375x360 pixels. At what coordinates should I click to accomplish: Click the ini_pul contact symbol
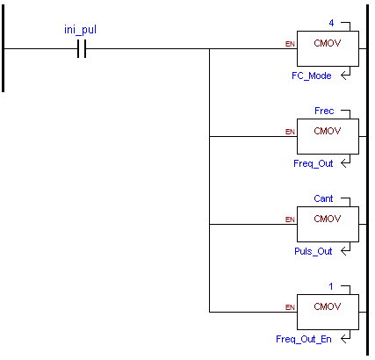[x=82, y=48]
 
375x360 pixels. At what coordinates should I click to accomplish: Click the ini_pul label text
[x=80, y=30]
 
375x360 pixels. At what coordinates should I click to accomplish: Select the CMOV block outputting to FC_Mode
[x=328, y=48]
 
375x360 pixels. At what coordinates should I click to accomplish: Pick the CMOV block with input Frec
[x=328, y=136]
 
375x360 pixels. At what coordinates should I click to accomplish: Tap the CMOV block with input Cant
[x=328, y=224]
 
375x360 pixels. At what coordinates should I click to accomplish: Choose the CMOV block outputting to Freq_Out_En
[x=328, y=312]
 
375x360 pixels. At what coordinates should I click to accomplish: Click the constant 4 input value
[x=331, y=23]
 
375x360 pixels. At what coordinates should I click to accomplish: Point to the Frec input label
[x=324, y=111]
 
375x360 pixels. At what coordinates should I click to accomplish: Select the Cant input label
[x=323, y=198]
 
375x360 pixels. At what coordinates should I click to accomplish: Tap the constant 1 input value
[x=331, y=286]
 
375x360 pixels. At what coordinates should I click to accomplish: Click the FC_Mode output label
[x=312, y=76]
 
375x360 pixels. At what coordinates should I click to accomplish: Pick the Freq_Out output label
[x=314, y=163]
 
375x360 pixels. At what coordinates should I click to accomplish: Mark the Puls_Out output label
[x=314, y=251]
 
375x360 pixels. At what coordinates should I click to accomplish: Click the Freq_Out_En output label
[x=304, y=339]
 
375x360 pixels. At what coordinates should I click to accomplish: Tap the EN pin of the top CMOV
[x=290, y=44]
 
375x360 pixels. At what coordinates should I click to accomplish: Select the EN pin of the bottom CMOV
[x=290, y=307]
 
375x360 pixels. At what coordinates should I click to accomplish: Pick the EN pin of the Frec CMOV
[x=290, y=132]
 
